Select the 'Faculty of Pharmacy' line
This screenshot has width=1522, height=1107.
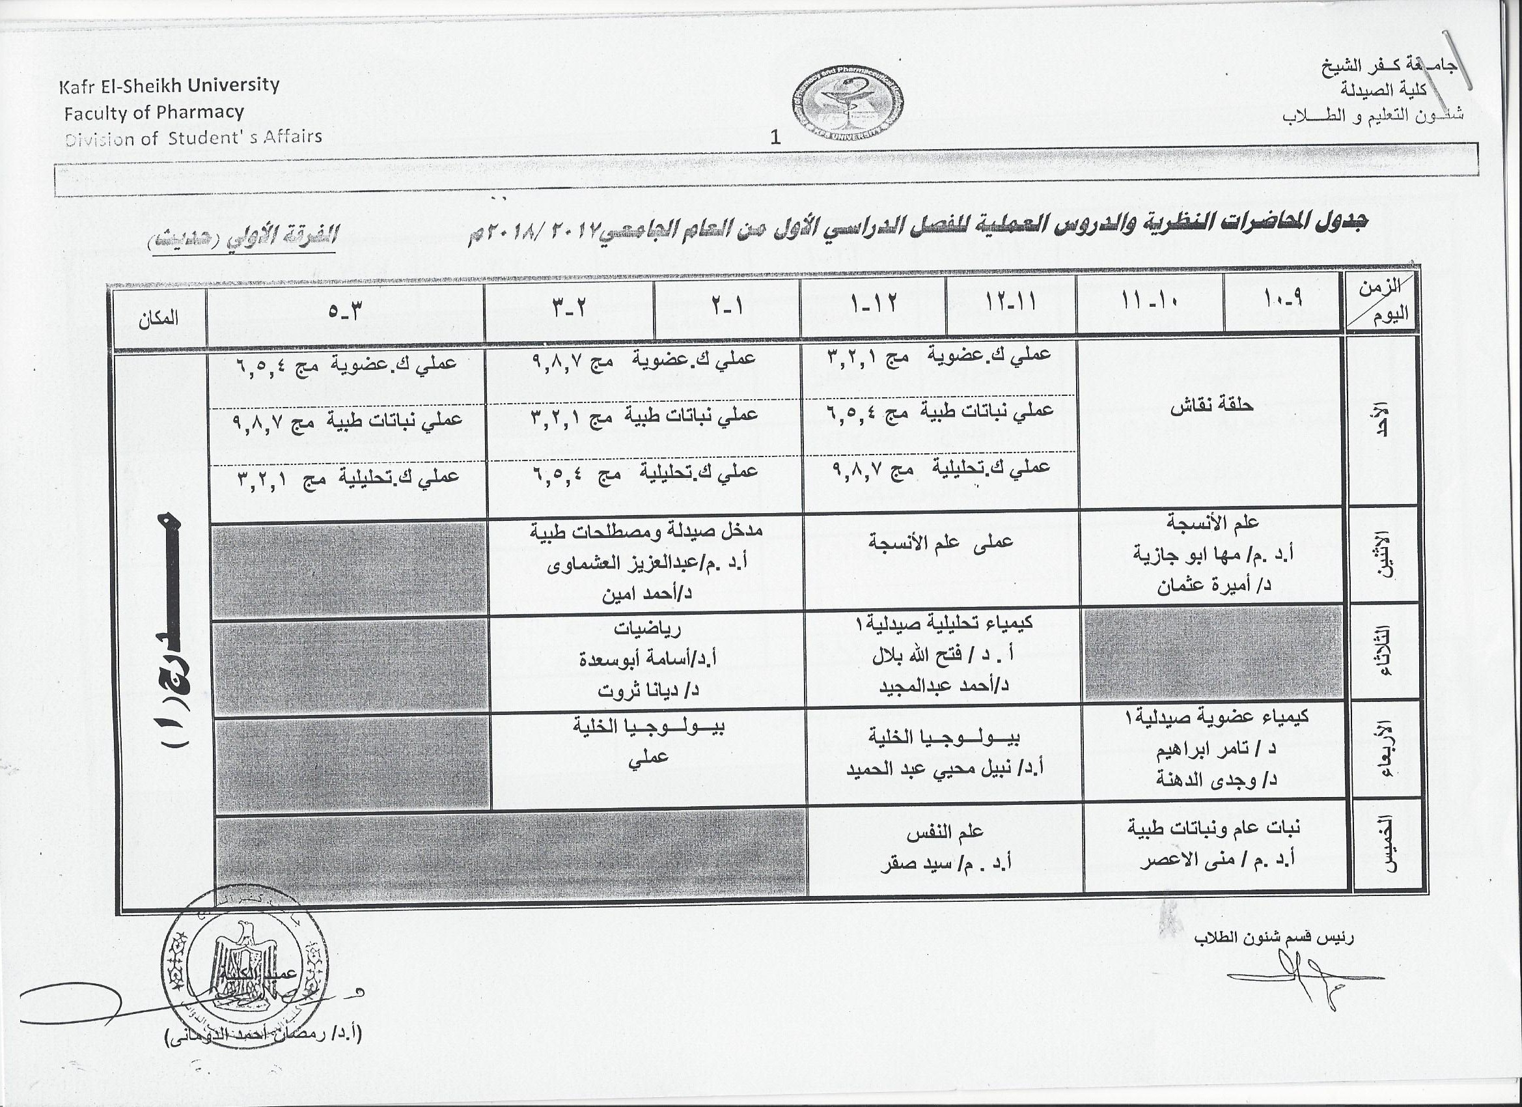(154, 112)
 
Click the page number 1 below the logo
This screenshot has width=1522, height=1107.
(776, 137)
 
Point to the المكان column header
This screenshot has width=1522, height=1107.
(158, 318)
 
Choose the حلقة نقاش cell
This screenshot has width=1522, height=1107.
(1212, 406)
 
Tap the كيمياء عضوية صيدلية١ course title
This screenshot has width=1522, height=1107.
(1215, 717)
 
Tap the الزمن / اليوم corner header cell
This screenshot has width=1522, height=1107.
(1381, 302)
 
